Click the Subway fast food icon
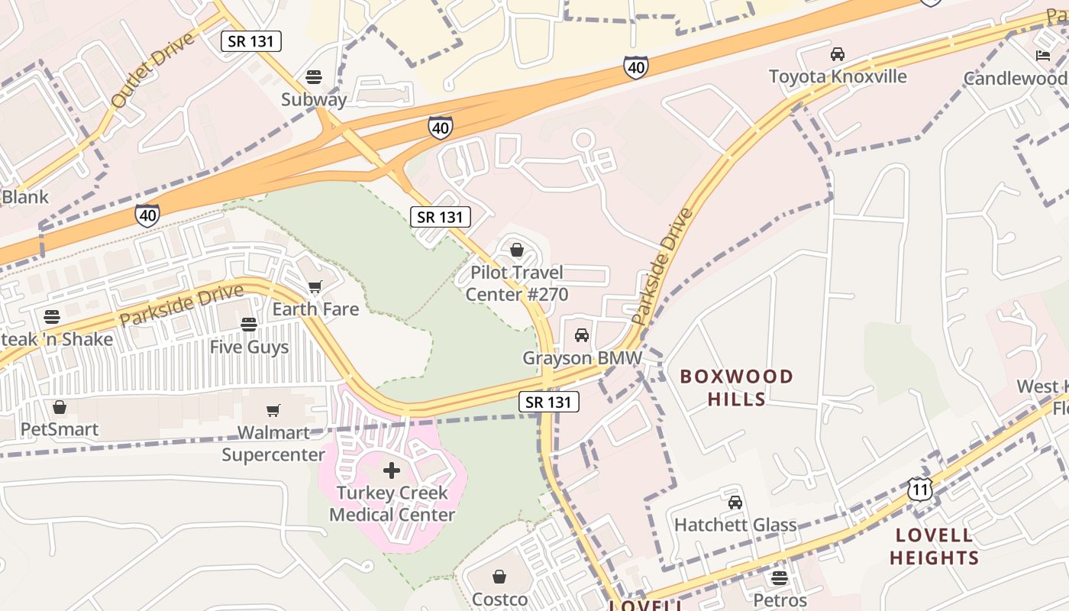313,76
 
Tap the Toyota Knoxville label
838,76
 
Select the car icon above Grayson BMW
581,335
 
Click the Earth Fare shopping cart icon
315,287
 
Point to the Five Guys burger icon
248,325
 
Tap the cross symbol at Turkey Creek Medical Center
391,470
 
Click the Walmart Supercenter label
273,444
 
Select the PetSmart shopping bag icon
60,407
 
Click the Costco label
499,599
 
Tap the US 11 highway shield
920,489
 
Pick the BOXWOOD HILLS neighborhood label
737,387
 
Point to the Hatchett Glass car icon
735,503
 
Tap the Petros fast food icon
779,578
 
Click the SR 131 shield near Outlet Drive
251,41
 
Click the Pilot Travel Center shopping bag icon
516,250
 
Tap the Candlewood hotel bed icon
1042,55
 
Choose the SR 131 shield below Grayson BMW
548,402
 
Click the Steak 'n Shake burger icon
51,316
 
